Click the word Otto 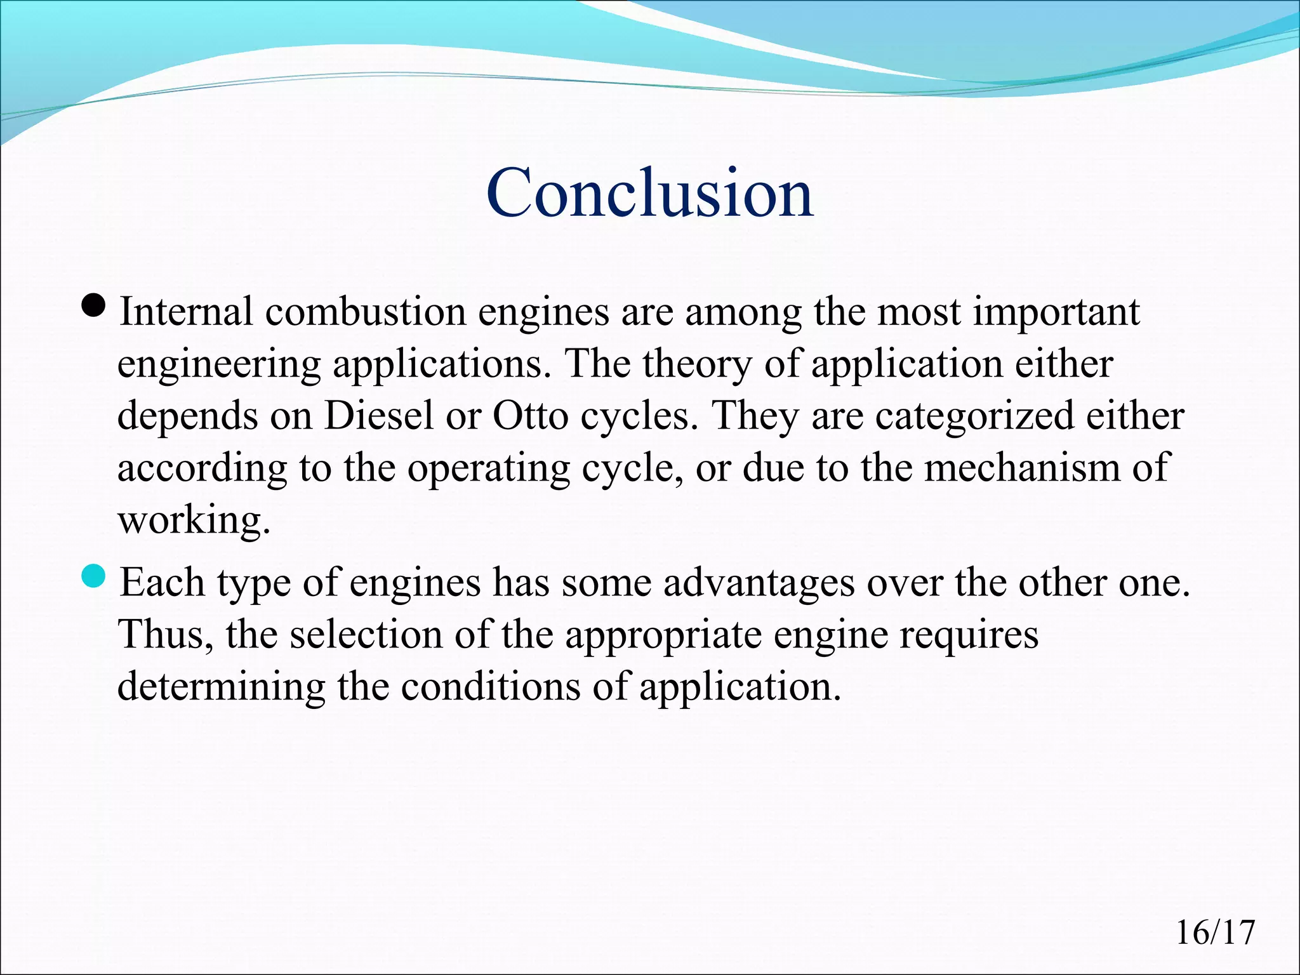530,416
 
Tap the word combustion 365,312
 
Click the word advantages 759,582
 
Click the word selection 366,634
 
